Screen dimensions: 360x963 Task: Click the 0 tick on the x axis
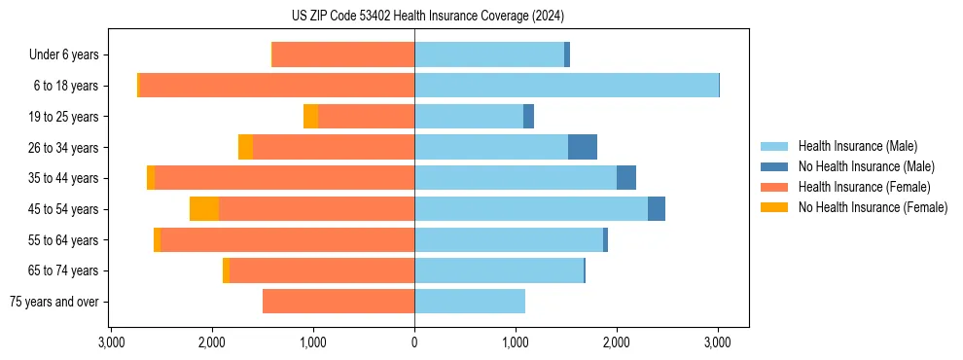[x=414, y=342]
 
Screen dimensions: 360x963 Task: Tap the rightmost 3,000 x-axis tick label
[x=718, y=342]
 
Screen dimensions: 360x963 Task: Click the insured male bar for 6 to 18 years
[x=566, y=86]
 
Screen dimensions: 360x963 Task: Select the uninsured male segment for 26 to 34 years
[x=583, y=147]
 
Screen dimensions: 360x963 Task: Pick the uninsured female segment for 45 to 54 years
[x=204, y=209]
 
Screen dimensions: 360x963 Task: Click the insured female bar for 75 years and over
[x=339, y=302]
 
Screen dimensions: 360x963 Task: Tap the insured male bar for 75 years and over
[x=470, y=302]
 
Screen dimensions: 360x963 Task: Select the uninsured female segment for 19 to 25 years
[x=310, y=117]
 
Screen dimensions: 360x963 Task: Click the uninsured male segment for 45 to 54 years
[x=657, y=209]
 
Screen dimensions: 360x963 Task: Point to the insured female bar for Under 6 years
[x=343, y=55]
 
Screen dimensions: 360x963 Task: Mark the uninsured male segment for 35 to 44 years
[x=626, y=178]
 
